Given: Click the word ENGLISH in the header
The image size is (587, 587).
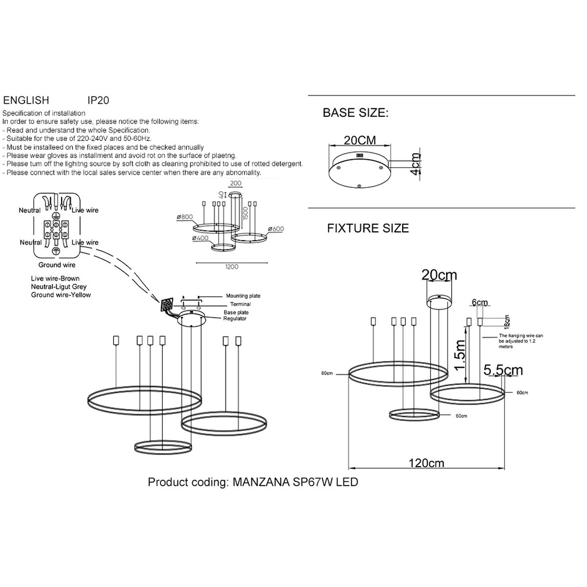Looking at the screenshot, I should pyautogui.click(x=26, y=100).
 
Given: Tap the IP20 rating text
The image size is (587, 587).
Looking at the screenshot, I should pyautogui.click(x=98, y=100).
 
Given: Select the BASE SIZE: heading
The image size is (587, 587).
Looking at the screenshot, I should pyautogui.click(x=355, y=113).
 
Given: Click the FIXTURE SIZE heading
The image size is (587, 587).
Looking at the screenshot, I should pyautogui.click(x=368, y=228).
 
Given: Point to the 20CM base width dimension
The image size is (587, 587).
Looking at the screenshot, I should pyautogui.click(x=360, y=140).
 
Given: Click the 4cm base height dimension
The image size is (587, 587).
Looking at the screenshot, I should pyautogui.click(x=415, y=164).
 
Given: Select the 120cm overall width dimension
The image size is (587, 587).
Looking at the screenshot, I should pyautogui.click(x=427, y=463).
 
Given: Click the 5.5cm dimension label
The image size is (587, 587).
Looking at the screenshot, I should pyautogui.click(x=503, y=370).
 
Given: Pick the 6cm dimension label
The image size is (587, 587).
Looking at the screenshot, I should pyautogui.click(x=480, y=302).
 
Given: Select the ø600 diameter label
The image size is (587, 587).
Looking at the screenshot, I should pyautogui.click(x=276, y=229).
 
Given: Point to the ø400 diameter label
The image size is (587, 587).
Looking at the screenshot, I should pyautogui.click(x=201, y=238).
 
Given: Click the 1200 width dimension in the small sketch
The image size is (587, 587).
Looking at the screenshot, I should pyautogui.click(x=231, y=267).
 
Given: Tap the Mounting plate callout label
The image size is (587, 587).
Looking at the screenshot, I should pyautogui.click(x=243, y=296).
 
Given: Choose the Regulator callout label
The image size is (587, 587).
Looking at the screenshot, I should pyautogui.click(x=235, y=318).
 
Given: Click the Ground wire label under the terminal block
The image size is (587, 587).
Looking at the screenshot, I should pyautogui.click(x=57, y=265).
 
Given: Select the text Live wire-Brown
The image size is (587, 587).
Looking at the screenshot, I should pyautogui.click(x=55, y=278).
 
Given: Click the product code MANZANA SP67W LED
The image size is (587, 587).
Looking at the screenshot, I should pyautogui.click(x=295, y=482).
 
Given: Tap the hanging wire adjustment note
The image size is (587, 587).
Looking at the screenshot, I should pyautogui.click(x=520, y=341).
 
